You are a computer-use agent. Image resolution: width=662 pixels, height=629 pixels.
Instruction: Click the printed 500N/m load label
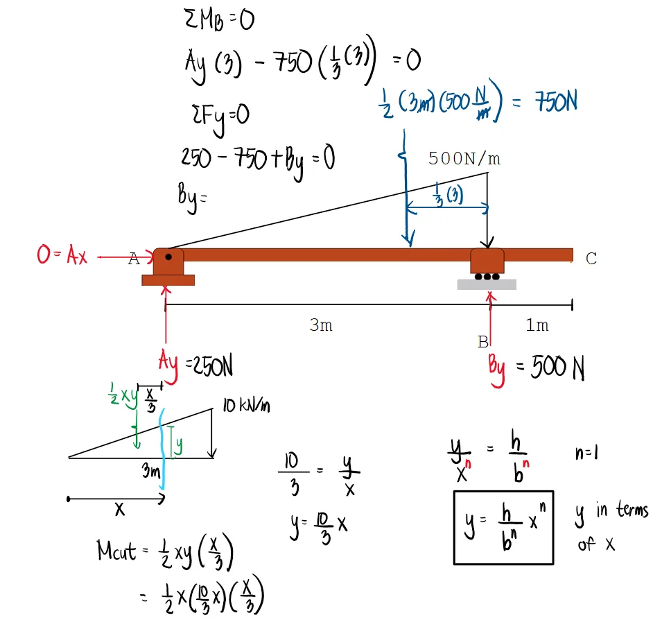point(464,159)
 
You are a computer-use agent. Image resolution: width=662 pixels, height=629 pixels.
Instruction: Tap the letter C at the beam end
point(591,259)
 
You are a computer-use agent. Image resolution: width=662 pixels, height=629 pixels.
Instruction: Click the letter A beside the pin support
point(134,260)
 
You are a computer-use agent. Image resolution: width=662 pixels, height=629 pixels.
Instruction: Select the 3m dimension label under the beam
point(320,325)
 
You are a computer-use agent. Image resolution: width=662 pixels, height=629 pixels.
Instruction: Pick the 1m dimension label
point(537,325)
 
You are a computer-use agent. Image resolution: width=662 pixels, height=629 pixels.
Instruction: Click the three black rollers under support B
point(487,276)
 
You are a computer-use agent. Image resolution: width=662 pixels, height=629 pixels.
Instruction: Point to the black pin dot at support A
point(168,257)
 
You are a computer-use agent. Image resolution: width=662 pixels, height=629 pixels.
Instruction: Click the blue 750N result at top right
point(555,103)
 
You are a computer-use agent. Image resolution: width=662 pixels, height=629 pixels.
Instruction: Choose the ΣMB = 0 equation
point(216,22)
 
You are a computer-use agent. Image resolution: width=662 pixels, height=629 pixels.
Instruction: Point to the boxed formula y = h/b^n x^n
point(503,527)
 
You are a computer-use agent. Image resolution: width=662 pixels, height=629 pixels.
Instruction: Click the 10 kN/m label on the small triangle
point(246,406)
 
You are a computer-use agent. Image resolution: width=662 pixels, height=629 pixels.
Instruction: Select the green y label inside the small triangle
point(178,444)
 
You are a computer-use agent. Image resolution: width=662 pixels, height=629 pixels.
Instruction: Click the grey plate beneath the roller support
point(487,284)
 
